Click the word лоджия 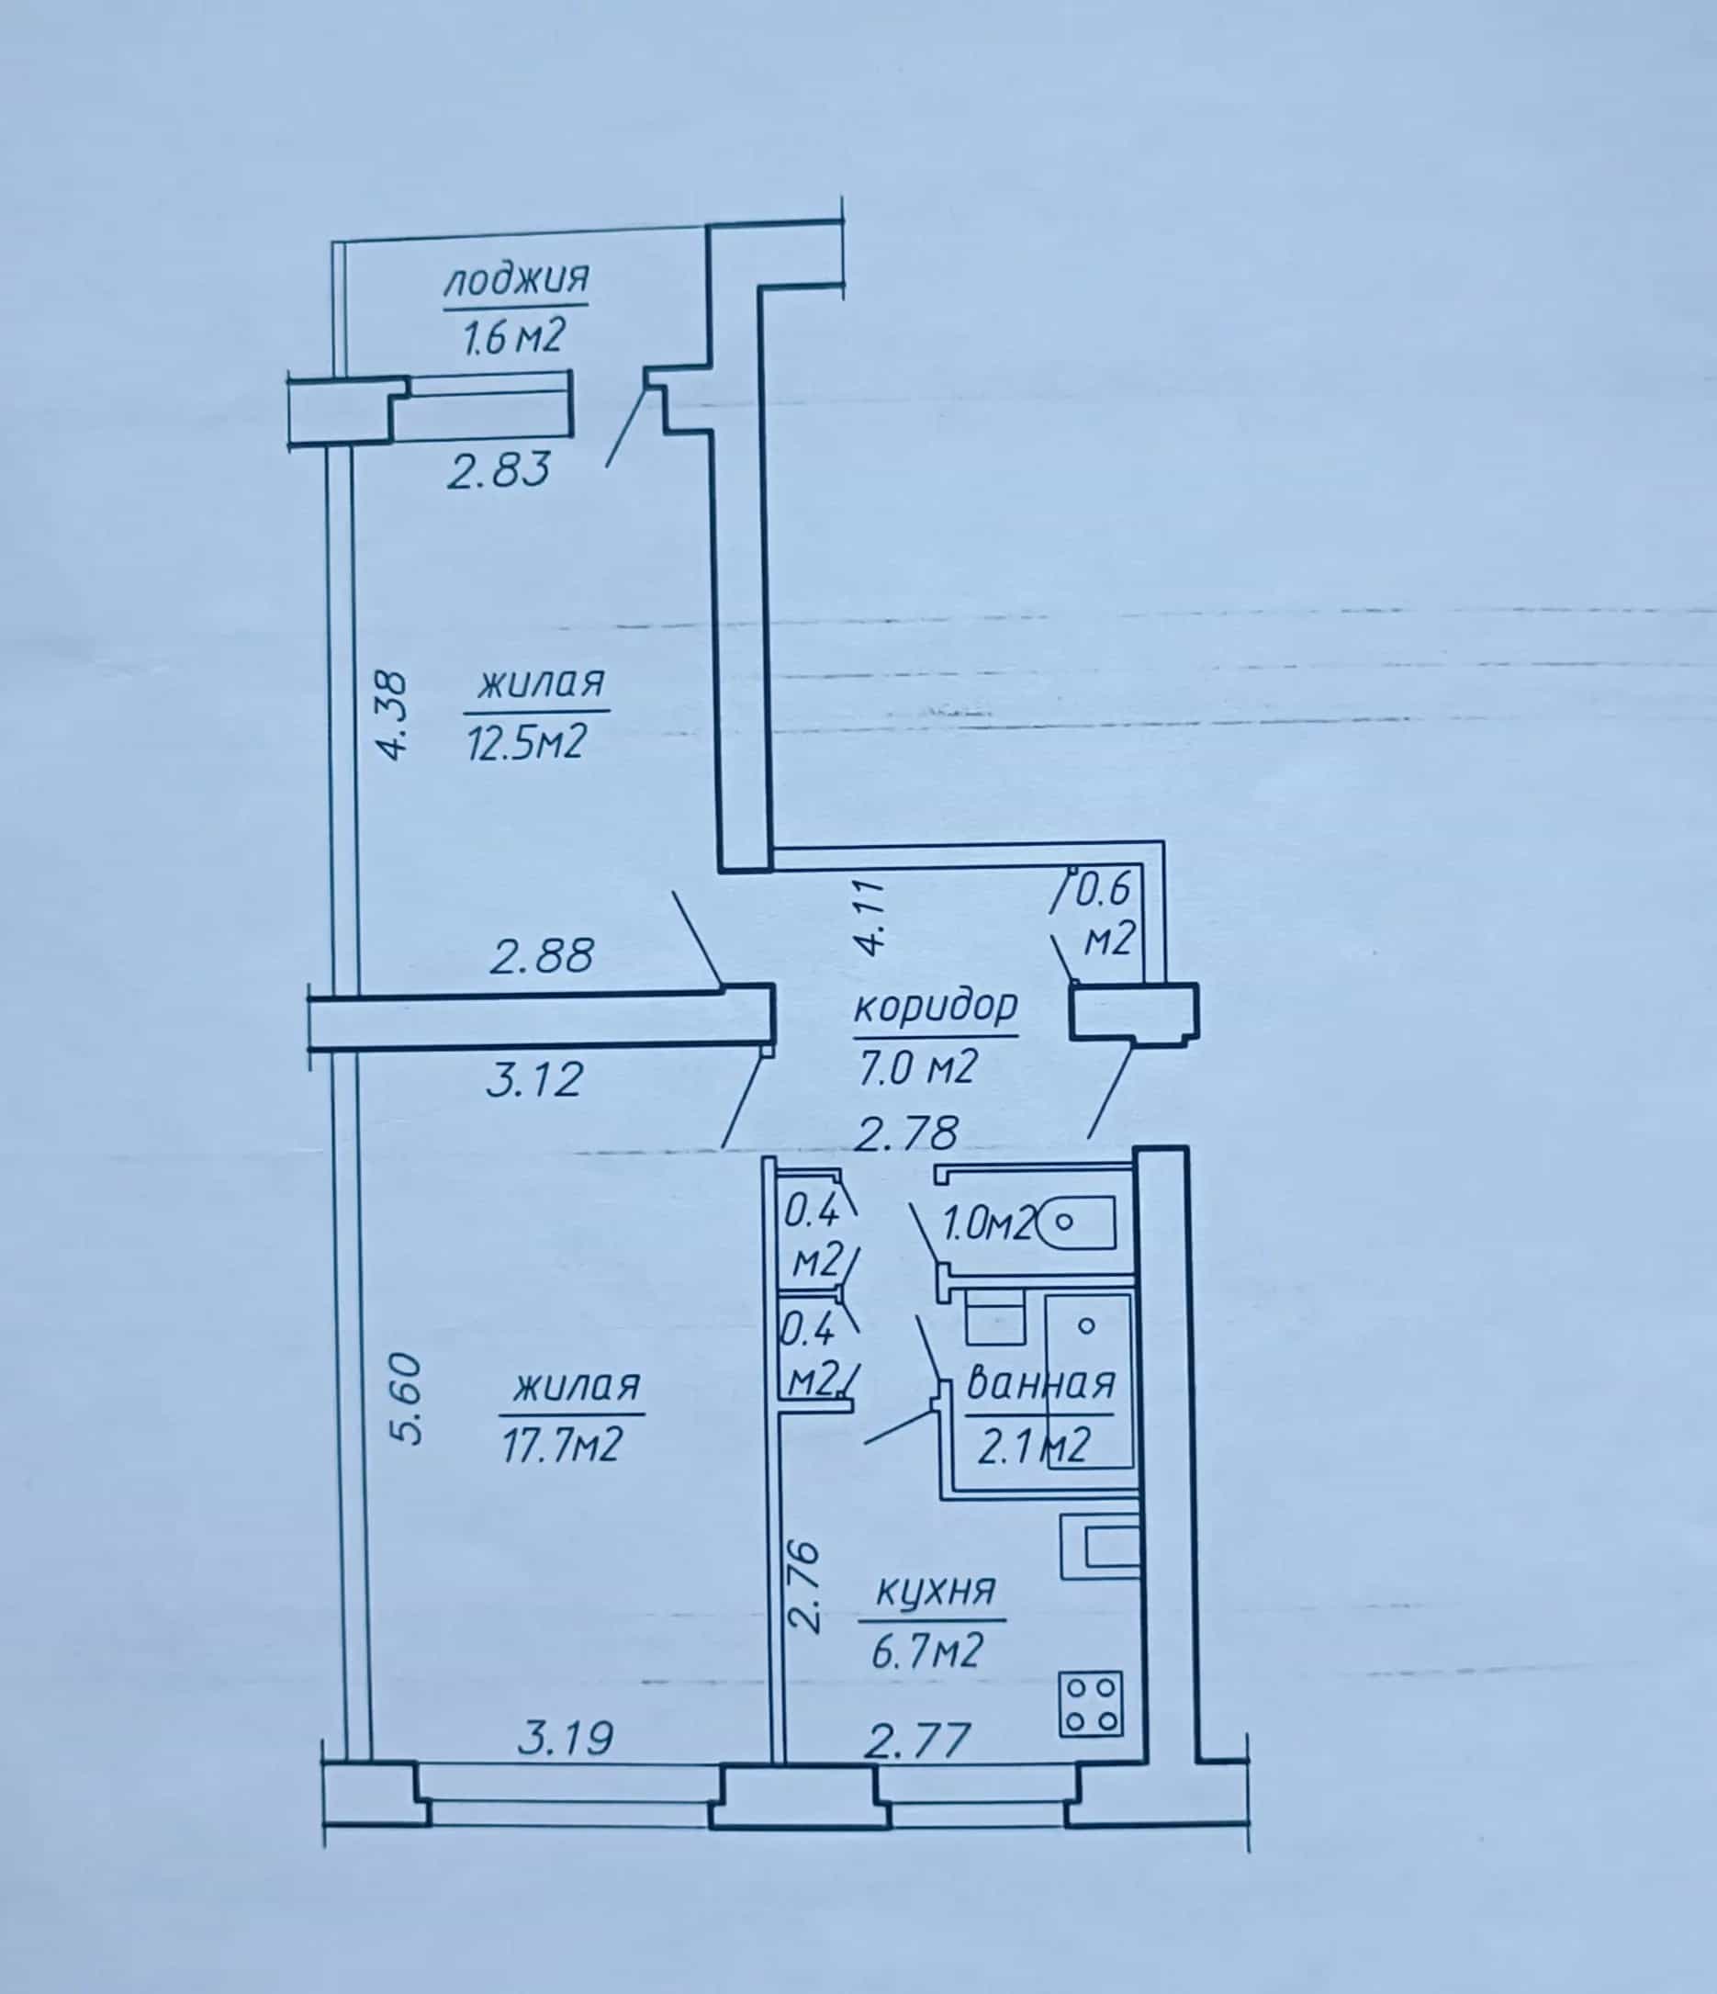click(x=517, y=280)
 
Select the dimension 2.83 click(x=499, y=470)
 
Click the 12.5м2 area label click(x=526, y=741)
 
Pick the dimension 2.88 click(x=543, y=956)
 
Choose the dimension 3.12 click(x=533, y=1079)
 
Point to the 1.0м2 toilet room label click(x=989, y=1224)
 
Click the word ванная click(x=1039, y=1383)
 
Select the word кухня click(x=933, y=1590)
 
